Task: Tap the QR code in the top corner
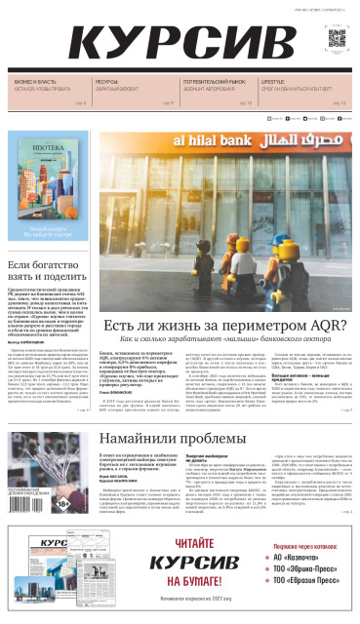click(x=336, y=38)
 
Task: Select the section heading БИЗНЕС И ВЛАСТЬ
click(x=33, y=82)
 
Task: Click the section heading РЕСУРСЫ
click(x=106, y=82)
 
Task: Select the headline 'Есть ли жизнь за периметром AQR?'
click(x=225, y=326)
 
